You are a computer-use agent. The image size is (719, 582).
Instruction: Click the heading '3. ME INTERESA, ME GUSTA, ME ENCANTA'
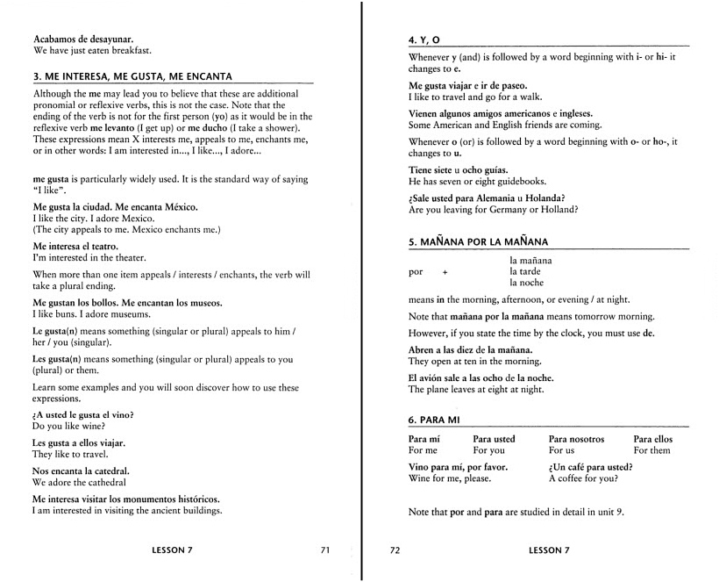[x=132, y=75]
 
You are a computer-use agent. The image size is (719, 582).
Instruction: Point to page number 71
[x=324, y=550]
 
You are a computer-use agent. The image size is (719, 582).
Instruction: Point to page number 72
[x=395, y=550]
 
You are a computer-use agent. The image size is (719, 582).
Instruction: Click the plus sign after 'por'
[x=445, y=272]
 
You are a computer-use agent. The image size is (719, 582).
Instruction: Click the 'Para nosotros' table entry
[x=576, y=439]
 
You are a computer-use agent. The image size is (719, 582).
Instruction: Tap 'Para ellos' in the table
[x=652, y=439]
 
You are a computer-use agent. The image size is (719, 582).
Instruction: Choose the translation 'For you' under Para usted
[x=488, y=450]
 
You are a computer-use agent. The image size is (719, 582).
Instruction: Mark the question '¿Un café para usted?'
[x=590, y=467]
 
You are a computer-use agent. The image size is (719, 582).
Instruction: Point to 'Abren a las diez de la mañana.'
[x=472, y=349]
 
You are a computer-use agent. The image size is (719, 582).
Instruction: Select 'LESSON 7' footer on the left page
[x=172, y=550]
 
